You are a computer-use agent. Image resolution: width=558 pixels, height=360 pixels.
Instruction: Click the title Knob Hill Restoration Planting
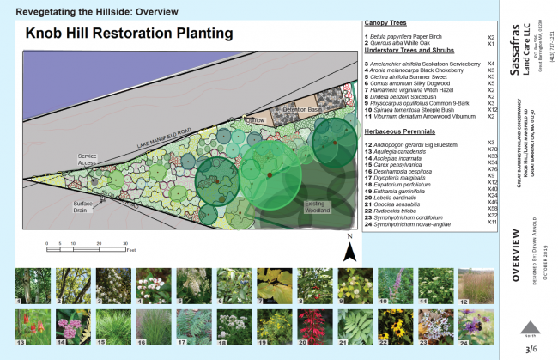(129, 34)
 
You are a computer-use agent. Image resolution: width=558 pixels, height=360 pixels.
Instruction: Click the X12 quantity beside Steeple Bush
(492, 111)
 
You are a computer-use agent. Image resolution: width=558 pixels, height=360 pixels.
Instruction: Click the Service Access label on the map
(88, 160)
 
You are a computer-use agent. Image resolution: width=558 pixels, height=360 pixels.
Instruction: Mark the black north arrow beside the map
(349, 249)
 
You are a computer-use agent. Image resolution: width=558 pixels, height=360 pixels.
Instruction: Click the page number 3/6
(531, 348)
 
